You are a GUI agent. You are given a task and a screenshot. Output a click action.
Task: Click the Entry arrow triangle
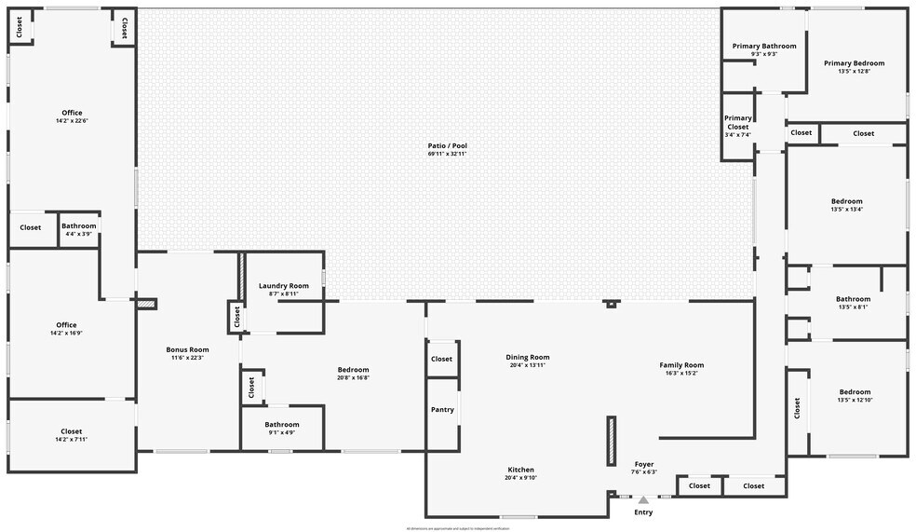point(643,500)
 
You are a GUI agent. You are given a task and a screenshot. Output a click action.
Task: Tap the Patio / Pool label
point(447,146)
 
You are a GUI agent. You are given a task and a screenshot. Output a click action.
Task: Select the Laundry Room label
point(284,286)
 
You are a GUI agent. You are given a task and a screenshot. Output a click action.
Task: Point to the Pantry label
point(442,410)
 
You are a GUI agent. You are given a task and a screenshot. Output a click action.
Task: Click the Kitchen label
point(520,470)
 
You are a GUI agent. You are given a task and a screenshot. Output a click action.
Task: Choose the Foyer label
point(644,464)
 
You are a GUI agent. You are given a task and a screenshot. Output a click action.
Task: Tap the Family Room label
point(681,365)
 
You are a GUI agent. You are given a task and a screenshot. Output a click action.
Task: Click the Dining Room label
point(528,357)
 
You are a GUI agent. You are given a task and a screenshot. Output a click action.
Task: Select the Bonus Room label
point(187,349)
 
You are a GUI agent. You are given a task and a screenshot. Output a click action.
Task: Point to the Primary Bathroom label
point(764,46)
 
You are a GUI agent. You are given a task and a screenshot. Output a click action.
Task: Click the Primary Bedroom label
point(855,63)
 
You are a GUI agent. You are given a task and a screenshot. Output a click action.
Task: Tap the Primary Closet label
point(738,122)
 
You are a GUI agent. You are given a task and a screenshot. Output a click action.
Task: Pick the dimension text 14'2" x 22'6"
point(72,121)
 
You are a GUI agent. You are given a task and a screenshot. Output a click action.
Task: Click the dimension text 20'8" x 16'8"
point(354,377)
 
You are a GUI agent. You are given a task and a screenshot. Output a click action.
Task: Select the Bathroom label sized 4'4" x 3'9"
point(79,225)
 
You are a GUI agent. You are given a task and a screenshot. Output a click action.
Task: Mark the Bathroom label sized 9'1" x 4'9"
point(282,424)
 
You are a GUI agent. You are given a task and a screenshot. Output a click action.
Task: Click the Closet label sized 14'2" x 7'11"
point(72,431)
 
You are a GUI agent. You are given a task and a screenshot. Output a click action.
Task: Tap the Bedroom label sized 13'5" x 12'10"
point(855,392)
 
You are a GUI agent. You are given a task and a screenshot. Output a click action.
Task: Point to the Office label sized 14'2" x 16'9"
point(66,325)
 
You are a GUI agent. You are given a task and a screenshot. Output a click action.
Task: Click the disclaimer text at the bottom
point(457,528)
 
